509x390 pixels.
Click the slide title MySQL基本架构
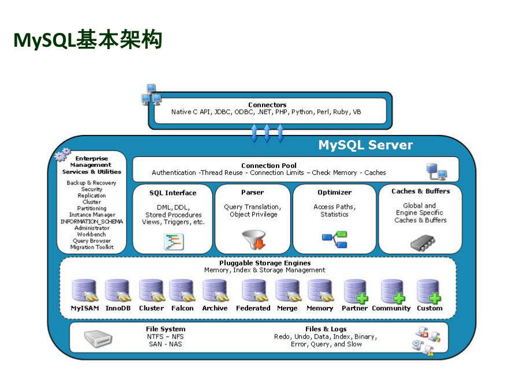tap(87, 40)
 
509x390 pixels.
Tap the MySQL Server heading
tap(365, 145)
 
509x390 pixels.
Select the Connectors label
tap(267, 104)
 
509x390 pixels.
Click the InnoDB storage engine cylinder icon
tap(118, 291)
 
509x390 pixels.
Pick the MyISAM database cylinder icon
tap(84, 291)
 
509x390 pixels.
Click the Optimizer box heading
tap(334, 192)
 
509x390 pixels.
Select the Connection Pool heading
tap(269, 166)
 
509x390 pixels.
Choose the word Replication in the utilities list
tap(92, 196)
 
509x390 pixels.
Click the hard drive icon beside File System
tap(99, 339)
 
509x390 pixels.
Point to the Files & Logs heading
tap(326, 329)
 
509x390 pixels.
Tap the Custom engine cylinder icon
tap(429, 291)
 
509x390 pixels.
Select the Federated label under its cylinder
tap(253, 308)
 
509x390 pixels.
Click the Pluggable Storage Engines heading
tap(265, 262)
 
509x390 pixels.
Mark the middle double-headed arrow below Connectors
tap(267, 133)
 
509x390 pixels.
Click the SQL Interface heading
tap(173, 193)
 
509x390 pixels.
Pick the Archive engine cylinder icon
tap(215, 291)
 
